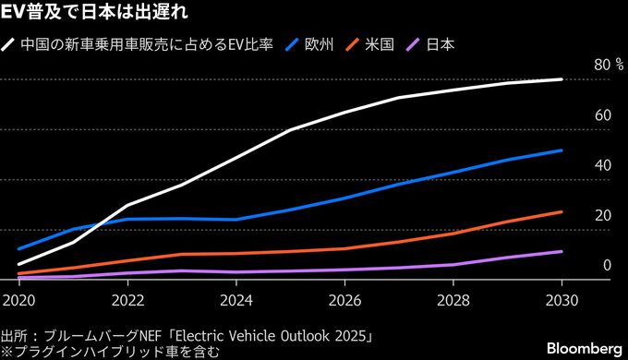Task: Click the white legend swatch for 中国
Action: (9, 43)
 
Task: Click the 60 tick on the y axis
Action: (602, 115)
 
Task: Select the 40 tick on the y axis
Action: (602, 166)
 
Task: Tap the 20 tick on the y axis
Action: (602, 216)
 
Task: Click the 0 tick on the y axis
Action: (606, 266)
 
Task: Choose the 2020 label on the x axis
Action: (18, 300)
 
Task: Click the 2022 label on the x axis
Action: (127, 300)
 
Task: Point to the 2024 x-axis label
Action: (236, 300)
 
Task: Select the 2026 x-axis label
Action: (344, 300)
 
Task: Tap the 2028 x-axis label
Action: (453, 300)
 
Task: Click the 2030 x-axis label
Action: (562, 300)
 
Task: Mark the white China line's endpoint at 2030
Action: (562, 79)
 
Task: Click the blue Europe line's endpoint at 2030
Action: (562, 150)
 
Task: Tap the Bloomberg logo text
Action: (584, 347)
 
